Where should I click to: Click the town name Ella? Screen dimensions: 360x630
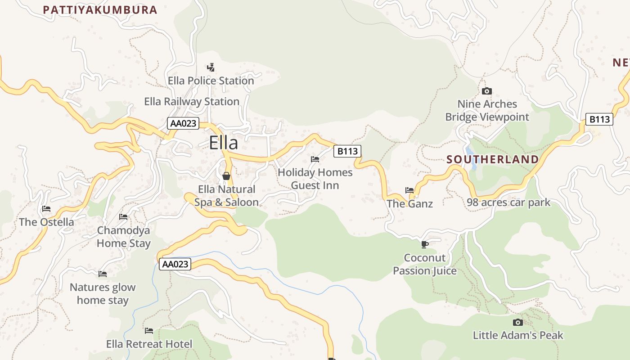[x=223, y=143]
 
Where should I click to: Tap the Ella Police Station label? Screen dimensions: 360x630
[x=211, y=81]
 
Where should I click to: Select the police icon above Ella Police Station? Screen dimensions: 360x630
[x=211, y=67]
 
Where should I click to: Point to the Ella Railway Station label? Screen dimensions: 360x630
[x=192, y=102]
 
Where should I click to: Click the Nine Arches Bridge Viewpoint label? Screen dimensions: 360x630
[x=487, y=111]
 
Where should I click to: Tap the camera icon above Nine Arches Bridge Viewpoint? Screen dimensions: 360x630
[x=486, y=91]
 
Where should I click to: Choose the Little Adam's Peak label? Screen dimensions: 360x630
[x=518, y=335]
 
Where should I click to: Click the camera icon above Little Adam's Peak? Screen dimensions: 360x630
[x=518, y=322]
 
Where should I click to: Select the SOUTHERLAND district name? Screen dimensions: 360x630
[x=492, y=159]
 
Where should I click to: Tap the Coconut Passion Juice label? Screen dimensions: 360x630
[x=425, y=264]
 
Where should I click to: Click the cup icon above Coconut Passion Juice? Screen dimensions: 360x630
[x=424, y=244]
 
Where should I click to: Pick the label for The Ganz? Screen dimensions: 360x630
[x=409, y=204]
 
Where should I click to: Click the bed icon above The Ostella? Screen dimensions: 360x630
[x=46, y=209]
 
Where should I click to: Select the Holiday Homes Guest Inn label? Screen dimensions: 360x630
[x=315, y=179]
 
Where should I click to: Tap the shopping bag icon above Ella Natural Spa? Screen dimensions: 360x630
[x=226, y=175]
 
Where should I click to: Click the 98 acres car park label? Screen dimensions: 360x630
[x=508, y=202]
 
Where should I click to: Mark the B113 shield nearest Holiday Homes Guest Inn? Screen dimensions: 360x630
[x=347, y=151]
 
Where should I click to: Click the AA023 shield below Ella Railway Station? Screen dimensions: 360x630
[x=183, y=123]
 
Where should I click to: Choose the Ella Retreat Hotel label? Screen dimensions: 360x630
[x=149, y=344]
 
